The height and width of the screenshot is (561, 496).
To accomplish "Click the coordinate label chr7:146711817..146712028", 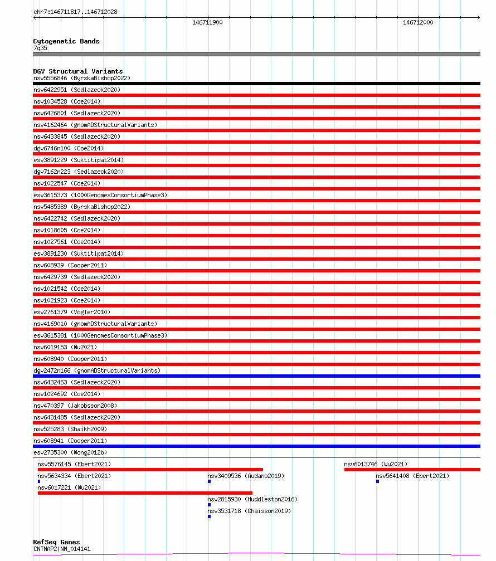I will click(75, 12).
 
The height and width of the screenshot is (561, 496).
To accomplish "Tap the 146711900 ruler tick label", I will click(207, 22).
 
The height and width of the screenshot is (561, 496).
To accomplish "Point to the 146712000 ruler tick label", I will click(418, 22).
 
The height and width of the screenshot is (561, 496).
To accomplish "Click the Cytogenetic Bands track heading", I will click(66, 41).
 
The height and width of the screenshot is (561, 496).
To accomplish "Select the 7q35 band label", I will click(40, 48).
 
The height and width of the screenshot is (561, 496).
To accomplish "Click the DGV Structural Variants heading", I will click(78, 71).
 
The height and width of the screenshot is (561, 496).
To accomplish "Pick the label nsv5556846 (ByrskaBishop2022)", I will click(82, 79).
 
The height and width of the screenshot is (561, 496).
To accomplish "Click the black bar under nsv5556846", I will click(256, 84).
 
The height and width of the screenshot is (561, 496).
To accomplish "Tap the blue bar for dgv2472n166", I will click(256, 376).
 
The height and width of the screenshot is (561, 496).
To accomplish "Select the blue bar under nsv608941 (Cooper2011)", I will click(256, 446).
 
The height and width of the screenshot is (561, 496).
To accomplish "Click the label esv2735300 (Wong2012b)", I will click(70, 453).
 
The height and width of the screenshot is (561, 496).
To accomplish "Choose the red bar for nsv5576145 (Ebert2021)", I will click(150, 470).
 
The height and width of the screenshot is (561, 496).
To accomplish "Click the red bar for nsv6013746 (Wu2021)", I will click(412, 470).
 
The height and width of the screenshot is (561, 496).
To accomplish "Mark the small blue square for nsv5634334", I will click(39, 481).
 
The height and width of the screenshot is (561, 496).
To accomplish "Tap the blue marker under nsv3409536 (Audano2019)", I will click(209, 481).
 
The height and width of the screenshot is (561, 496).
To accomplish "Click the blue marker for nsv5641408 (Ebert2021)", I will click(377, 481).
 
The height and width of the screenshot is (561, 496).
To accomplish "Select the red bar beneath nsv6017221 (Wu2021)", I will click(145, 493).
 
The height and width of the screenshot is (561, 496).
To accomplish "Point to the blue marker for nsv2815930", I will click(209, 505).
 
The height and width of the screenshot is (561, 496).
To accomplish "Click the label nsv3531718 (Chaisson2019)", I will click(249, 511).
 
